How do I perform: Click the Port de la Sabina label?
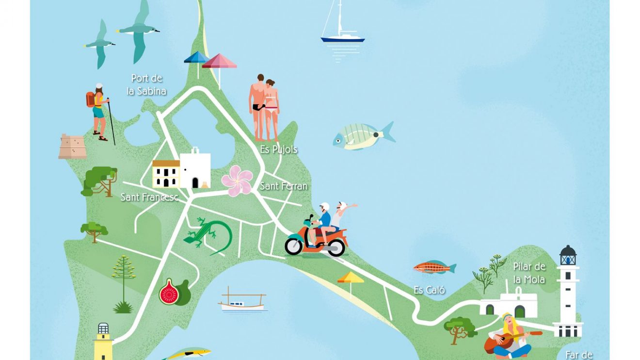click(x=146, y=84)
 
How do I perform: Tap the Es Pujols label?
click(x=278, y=149)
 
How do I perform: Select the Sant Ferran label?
click(x=284, y=186)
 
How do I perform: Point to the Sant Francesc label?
click(x=149, y=197)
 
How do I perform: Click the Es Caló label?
click(x=429, y=290)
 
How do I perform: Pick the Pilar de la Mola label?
click(x=529, y=273)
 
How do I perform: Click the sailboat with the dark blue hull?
click(x=342, y=39)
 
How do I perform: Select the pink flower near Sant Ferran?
click(x=237, y=180)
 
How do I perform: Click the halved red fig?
click(x=169, y=292)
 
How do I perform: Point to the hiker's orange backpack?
click(x=90, y=99)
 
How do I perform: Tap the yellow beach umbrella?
click(x=351, y=278)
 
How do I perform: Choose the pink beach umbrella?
click(x=220, y=62)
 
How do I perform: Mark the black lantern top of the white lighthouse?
click(x=568, y=255)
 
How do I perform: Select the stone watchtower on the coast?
click(x=72, y=147)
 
